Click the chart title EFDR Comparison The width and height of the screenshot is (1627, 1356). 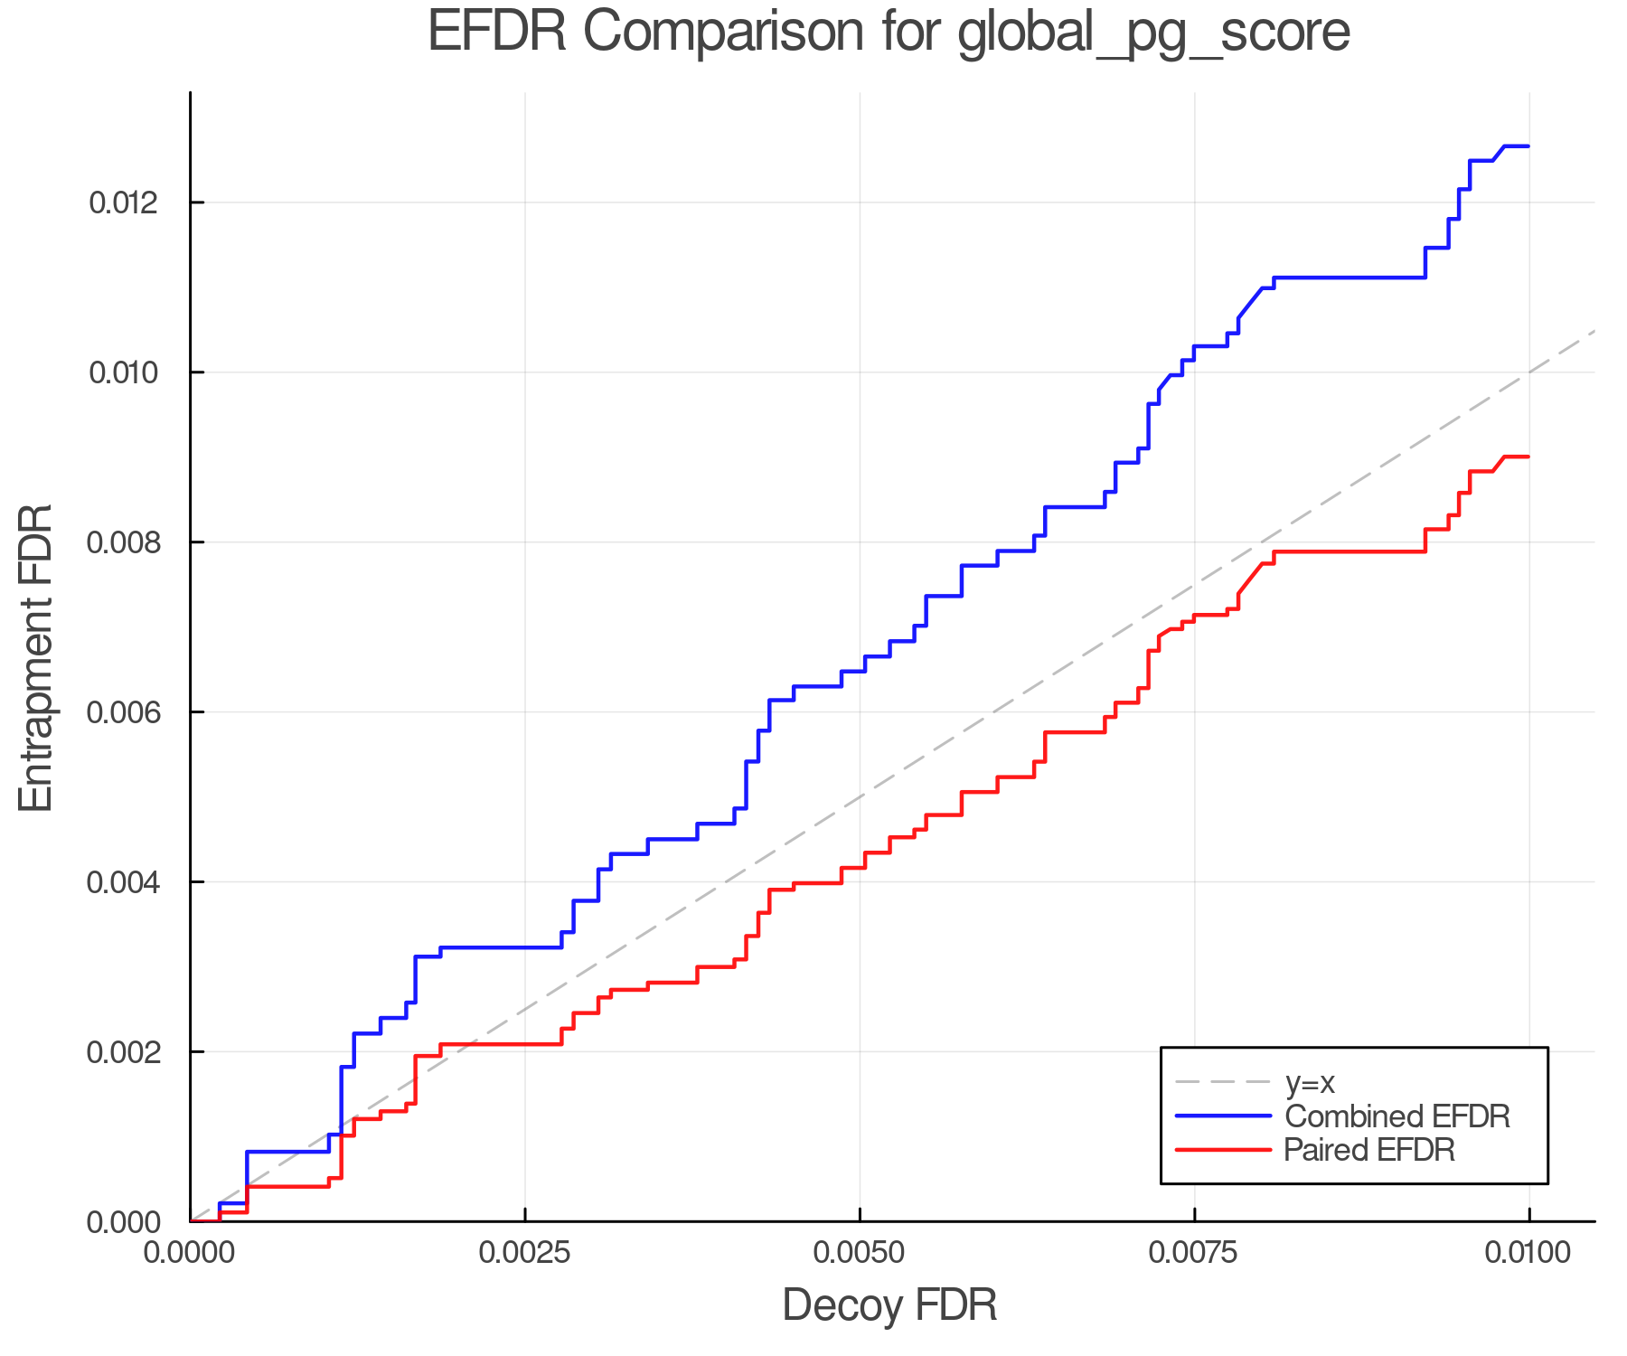(889, 33)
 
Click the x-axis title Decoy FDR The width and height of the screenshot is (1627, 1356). (889, 1305)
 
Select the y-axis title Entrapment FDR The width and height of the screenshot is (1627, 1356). (37, 658)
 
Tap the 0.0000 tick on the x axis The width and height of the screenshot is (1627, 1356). (191, 1253)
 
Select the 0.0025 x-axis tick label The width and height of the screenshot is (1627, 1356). (525, 1253)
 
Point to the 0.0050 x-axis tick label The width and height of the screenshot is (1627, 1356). (860, 1253)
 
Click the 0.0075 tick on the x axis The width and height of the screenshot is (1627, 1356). (1195, 1253)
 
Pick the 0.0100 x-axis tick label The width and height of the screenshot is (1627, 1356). (1529, 1253)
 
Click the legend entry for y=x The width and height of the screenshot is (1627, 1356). (1310, 1082)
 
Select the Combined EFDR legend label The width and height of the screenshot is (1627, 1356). (1397, 1116)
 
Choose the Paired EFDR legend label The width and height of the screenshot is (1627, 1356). (1369, 1150)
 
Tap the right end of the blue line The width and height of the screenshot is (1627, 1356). (1528, 146)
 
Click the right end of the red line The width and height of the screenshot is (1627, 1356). (1528, 457)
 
